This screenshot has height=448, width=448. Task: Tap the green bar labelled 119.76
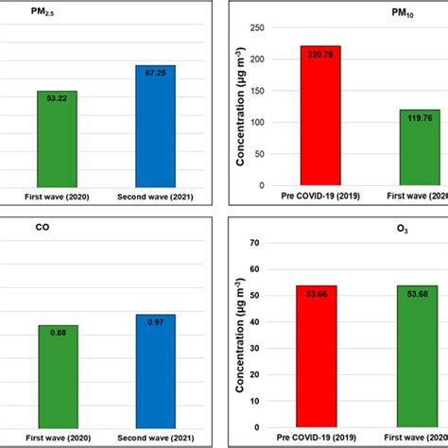click(x=419, y=146)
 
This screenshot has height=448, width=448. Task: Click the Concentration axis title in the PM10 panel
click(x=244, y=106)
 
